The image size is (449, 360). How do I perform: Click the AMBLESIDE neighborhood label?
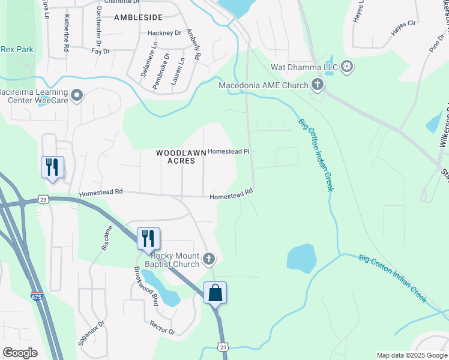[139, 18]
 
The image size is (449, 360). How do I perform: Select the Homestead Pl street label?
[228, 152]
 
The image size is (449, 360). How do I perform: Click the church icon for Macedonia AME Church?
[317, 85]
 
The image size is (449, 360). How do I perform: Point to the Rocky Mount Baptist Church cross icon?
[208, 259]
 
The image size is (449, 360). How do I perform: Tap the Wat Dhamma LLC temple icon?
[347, 67]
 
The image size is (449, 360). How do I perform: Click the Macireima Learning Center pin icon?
[76, 95]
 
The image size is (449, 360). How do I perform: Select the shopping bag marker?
[215, 293]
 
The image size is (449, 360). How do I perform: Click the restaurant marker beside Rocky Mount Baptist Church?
[148, 238]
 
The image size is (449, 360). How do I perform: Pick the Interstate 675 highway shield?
[37, 296]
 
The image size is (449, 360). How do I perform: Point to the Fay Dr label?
[100, 52]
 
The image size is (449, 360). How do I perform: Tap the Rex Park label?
[17, 49]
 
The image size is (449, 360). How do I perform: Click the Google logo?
[20, 353]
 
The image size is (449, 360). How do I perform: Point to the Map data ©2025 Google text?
[412, 355]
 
